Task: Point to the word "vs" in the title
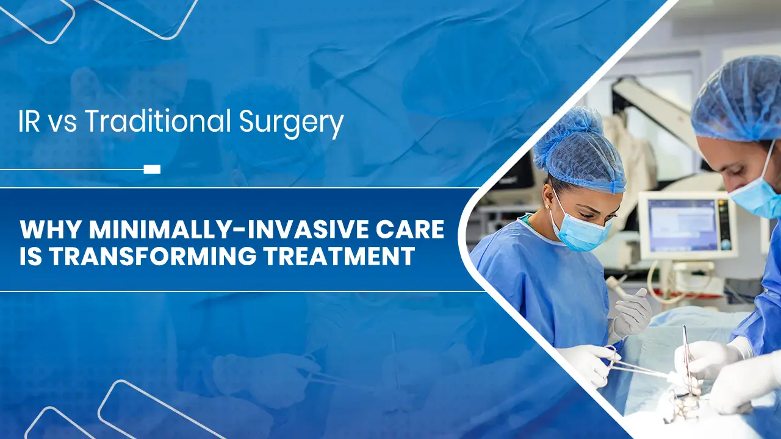click(64, 124)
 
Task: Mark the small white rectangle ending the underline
click(152, 169)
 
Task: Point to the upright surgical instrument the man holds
click(686, 354)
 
